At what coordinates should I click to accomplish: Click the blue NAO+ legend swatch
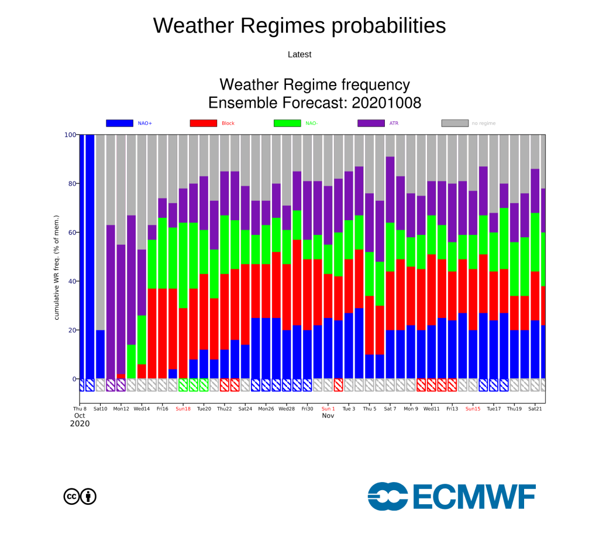click(x=119, y=123)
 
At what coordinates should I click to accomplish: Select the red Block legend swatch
click(x=204, y=123)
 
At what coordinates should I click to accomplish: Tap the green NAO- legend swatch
click(x=287, y=123)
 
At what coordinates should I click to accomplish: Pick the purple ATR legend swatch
click(x=371, y=123)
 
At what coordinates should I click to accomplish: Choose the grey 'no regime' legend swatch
click(x=455, y=123)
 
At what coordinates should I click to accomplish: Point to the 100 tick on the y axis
click(x=70, y=135)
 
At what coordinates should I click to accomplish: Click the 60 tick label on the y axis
click(x=72, y=233)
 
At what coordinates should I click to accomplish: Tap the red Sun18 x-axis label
click(x=183, y=409)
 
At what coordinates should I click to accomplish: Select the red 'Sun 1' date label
click(x=328, y=409)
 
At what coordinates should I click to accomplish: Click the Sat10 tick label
click(x=101, y=409)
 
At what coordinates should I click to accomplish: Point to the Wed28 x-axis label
click(x=287, y=409)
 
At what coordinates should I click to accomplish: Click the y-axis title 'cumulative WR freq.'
click(x=57, y=268)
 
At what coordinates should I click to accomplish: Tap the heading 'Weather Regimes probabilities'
click(x=299, y=26)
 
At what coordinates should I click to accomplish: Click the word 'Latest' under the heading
click(x=299, y=54)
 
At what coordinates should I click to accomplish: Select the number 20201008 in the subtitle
click(x=386, y=103)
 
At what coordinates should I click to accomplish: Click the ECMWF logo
click(x=452, y=497)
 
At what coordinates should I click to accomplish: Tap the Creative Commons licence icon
click(x=80, y=497)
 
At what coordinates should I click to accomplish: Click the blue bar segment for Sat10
click(x=101, y=354)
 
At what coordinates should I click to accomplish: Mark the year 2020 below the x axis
click(x=80, y=423)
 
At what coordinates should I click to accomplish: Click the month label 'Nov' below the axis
click(x=328, y=416)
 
